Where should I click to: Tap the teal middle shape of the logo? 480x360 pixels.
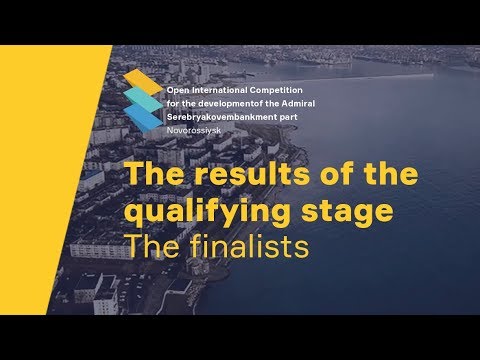[141, 99]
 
